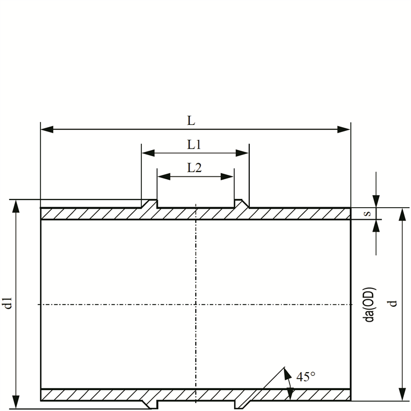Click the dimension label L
191,121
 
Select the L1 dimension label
194,145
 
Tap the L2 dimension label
194,168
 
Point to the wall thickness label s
368,213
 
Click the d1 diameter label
9,302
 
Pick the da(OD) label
370,305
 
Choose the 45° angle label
306,376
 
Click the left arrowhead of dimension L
47,129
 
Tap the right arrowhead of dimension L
344,129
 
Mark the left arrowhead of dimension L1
148,153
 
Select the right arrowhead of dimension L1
242,153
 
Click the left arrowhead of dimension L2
164,176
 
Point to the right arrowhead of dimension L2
227,176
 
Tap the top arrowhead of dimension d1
16,206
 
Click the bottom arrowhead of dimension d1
16,402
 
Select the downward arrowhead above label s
376,201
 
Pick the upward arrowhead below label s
376,226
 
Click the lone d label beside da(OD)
393,304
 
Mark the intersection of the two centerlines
196,304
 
